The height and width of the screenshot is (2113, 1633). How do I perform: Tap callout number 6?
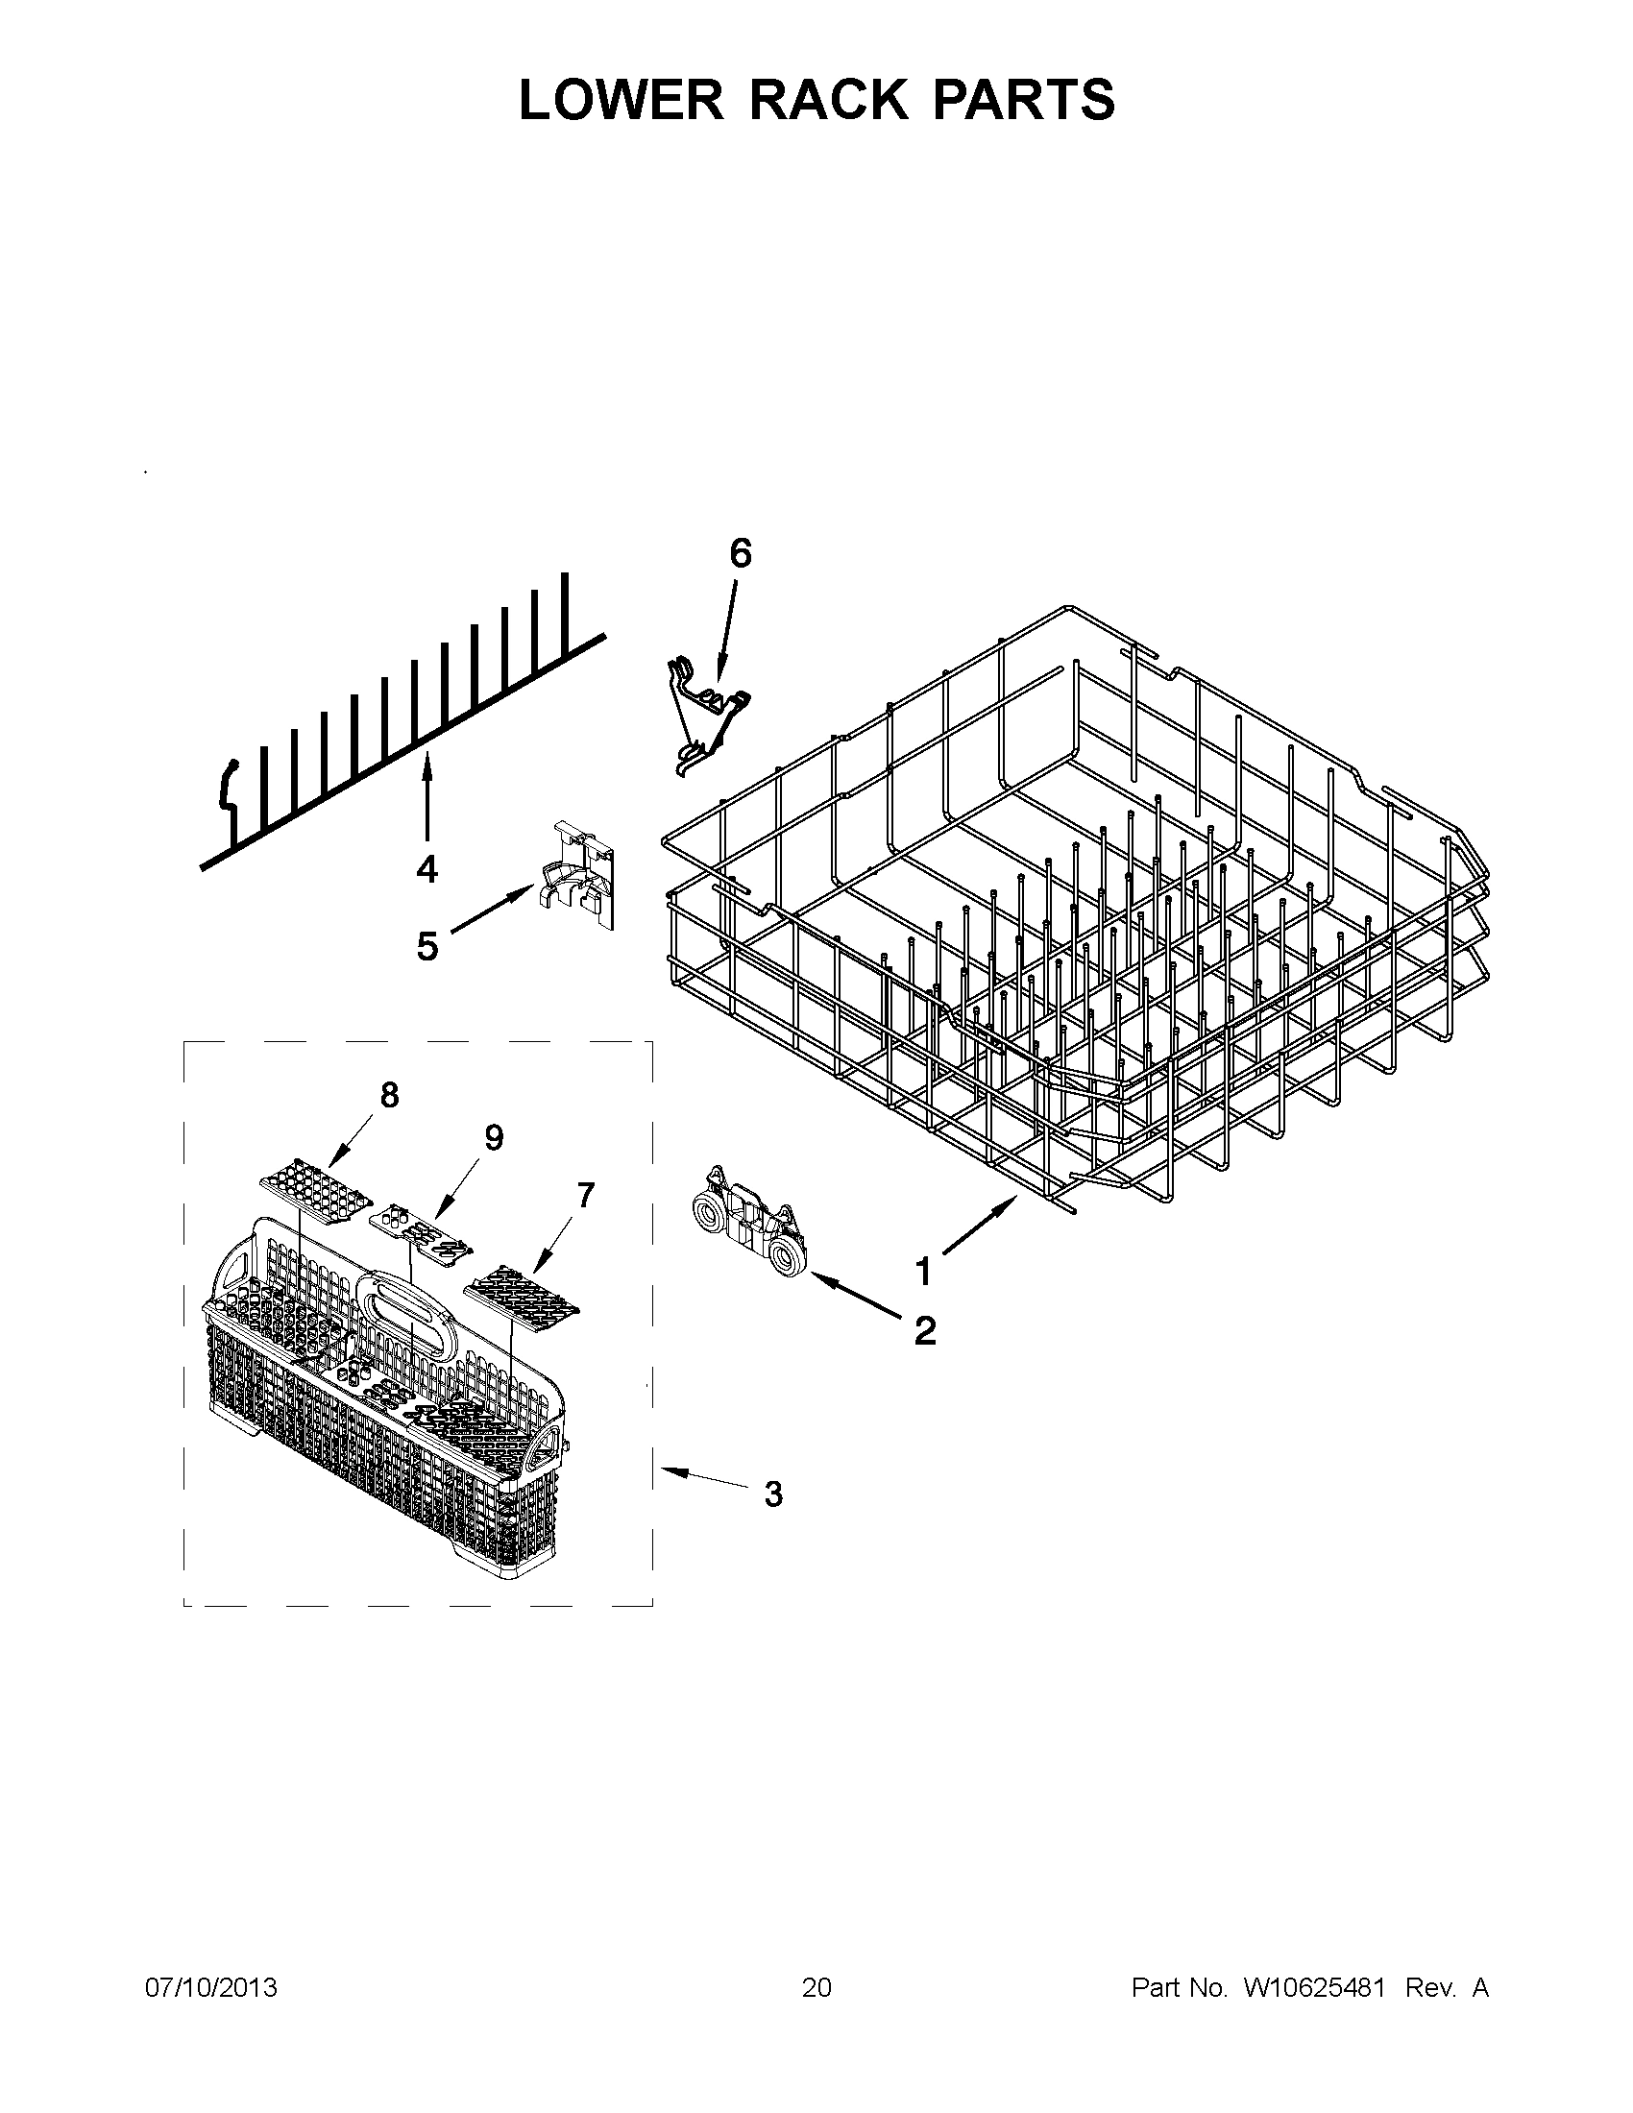click(x=739, y=553)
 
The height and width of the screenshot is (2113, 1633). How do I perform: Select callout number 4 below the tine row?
click(x=427, y=869)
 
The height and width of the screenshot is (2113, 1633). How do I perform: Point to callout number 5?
click(x=427, y=946)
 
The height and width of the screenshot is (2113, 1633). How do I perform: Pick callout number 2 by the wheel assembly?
click(x=925, y=1331)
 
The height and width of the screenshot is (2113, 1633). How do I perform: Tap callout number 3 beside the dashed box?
click(x=773, y=1494)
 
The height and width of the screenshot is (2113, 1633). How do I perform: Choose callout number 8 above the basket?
click(x=389, y=1095)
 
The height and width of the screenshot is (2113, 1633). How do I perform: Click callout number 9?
click(x=494, y=1139)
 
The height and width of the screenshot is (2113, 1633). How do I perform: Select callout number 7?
click(x=585, y=1196)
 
